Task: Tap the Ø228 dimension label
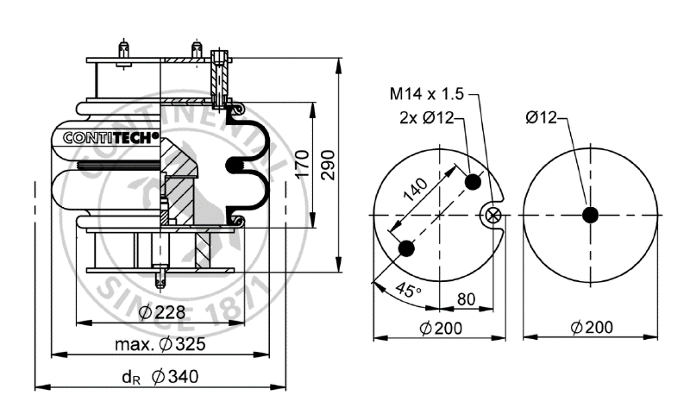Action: tap(161, 312)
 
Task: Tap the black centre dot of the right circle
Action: tap(590, 214)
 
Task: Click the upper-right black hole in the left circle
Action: tap(473, 182)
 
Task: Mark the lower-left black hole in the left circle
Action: tap(407, 248)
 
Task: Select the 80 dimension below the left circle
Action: tap(467, 300)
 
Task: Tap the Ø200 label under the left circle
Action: tap(440, 327)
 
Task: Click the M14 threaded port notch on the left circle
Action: tap(493, 215)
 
